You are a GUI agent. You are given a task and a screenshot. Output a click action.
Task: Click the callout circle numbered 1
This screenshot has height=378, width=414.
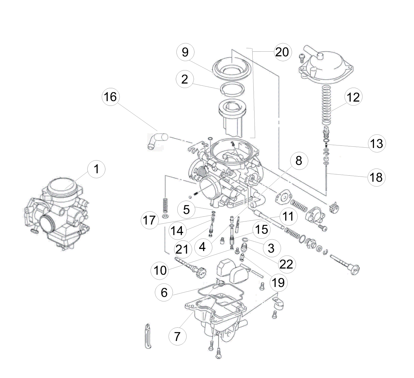[97, 169]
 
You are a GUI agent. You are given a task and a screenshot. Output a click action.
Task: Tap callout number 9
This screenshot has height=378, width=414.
[185, 52]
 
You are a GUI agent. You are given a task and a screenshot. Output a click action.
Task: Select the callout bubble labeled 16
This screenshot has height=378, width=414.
[110, 97]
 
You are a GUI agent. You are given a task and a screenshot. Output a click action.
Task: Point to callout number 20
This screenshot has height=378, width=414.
[282, 52]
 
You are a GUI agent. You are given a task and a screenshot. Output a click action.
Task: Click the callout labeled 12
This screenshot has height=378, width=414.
[353, 97]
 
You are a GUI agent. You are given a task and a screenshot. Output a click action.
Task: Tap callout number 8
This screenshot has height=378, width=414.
[299, 161]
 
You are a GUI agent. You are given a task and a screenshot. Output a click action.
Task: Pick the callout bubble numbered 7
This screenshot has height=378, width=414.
[177, 336]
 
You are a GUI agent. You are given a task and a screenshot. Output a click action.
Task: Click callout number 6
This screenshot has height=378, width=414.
[164, 292]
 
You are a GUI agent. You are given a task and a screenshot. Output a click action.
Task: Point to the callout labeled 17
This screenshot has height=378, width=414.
[150, 220]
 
